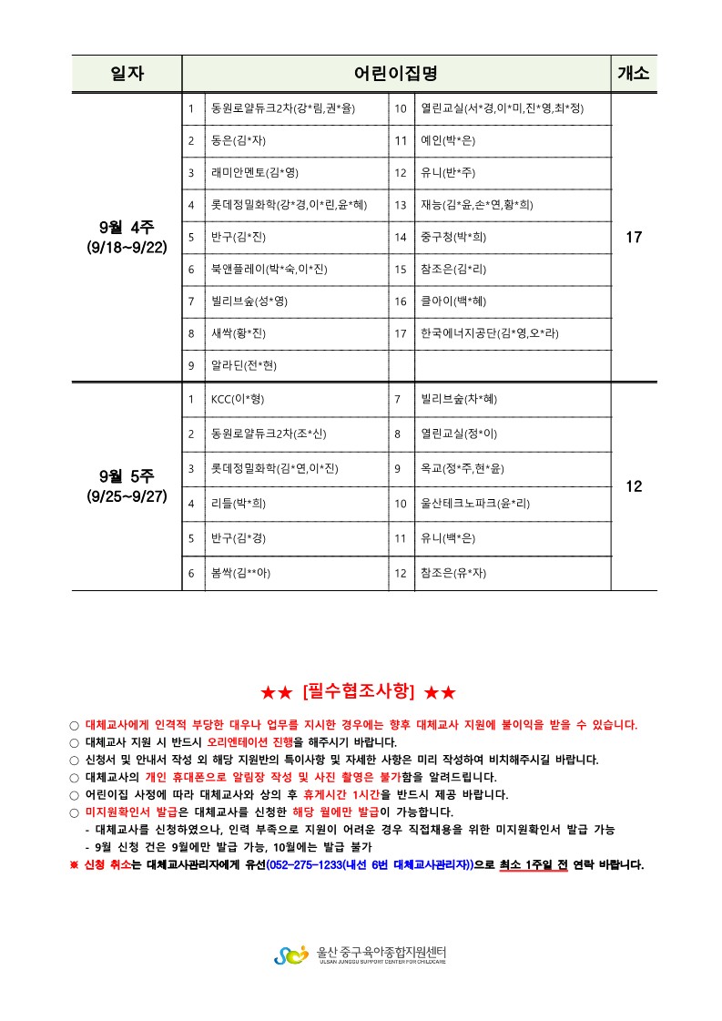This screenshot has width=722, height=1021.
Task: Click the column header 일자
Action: click(x=127, y=74)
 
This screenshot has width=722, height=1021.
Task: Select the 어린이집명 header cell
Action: click(x=396, y=74)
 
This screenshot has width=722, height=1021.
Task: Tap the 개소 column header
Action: click(x=634, y=74)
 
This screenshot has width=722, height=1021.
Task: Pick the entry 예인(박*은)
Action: click(x=447, y=140)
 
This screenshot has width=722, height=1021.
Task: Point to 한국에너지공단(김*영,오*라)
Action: click(x=489, y=333)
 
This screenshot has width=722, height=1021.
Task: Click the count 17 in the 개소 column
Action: click(x=634, y=238)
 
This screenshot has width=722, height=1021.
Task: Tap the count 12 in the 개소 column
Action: click(x=634, y=486)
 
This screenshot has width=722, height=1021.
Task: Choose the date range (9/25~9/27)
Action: click(x=127, y=496)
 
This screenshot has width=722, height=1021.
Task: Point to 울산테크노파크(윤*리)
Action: click(x=474, y=503)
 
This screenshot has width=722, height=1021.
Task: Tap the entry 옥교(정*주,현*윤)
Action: click(x=462, y=468)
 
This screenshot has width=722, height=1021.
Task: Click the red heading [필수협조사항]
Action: click(x=358, y=693)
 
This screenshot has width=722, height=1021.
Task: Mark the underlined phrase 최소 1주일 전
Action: click(x=534, y=864)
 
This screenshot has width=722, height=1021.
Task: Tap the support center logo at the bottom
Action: click(x=291, y=955)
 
